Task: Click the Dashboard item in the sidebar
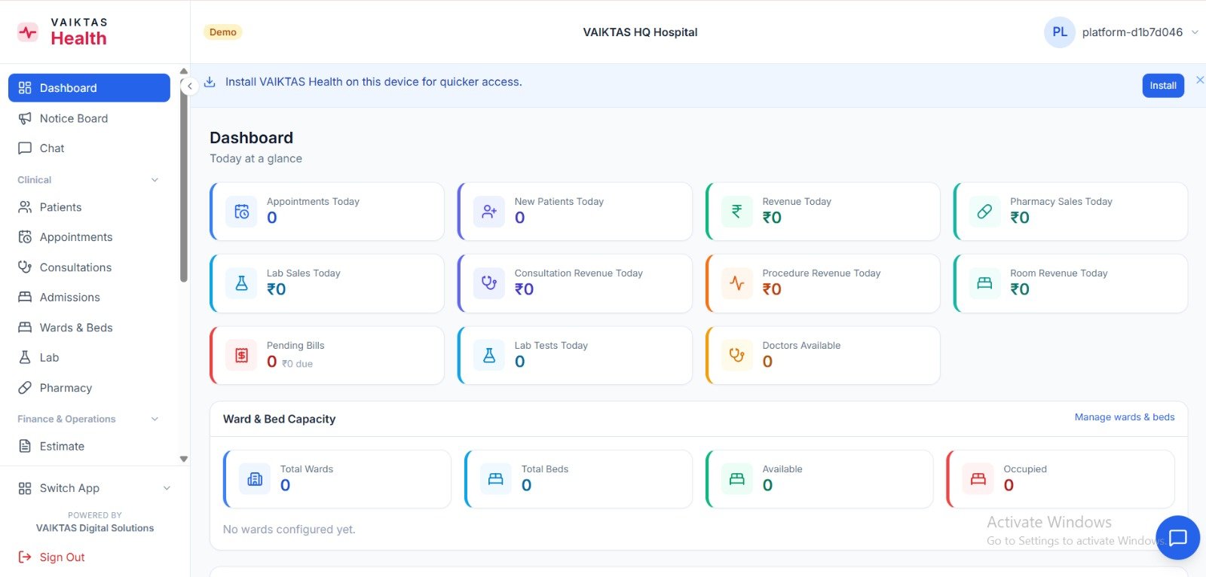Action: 89,87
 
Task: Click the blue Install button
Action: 1163,86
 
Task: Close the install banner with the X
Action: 1200,80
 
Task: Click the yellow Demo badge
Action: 223,32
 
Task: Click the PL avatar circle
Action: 1060,32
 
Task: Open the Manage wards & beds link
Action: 1124,417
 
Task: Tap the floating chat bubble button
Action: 1177,537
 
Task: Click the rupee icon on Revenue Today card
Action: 736,211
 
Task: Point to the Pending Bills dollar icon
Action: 241,356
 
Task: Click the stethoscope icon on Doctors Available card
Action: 736,356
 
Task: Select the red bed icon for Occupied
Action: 978,478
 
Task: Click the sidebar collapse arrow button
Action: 189,86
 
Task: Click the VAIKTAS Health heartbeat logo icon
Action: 27,32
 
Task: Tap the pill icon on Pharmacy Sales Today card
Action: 984,211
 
